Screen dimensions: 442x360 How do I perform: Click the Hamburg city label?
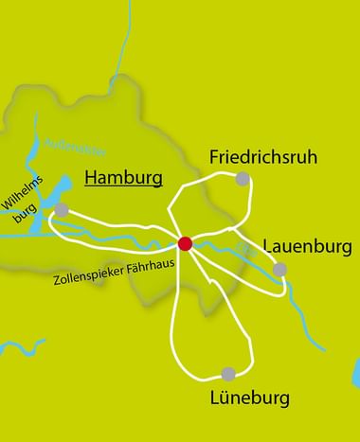[123, 177]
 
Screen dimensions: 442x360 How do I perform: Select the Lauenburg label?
[308, 247]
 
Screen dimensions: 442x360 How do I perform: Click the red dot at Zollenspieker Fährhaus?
[185, 244]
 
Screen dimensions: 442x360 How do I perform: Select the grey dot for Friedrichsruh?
[243, 179]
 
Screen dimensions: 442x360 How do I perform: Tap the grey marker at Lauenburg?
[279, 270]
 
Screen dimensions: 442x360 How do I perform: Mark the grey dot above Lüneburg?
[227, 374]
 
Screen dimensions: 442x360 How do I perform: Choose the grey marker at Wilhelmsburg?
[62, 209]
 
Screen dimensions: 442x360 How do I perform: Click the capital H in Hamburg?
[91, 177]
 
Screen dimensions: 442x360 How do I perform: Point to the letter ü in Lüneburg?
[225, 397]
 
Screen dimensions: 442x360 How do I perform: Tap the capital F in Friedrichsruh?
[213, 156]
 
